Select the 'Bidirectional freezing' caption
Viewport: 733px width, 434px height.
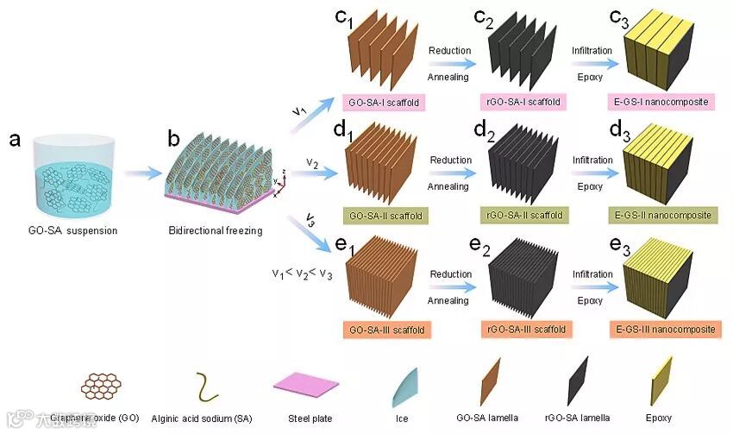coord(217,231)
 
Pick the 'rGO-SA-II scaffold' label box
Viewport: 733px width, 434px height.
coord(525,215)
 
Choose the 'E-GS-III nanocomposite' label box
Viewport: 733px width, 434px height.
coord(665,330)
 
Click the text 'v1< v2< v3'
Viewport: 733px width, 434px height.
coord(303,274)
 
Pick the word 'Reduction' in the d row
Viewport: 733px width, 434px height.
coord(450,160)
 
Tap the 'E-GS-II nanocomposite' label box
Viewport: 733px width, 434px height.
coord(664,215)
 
